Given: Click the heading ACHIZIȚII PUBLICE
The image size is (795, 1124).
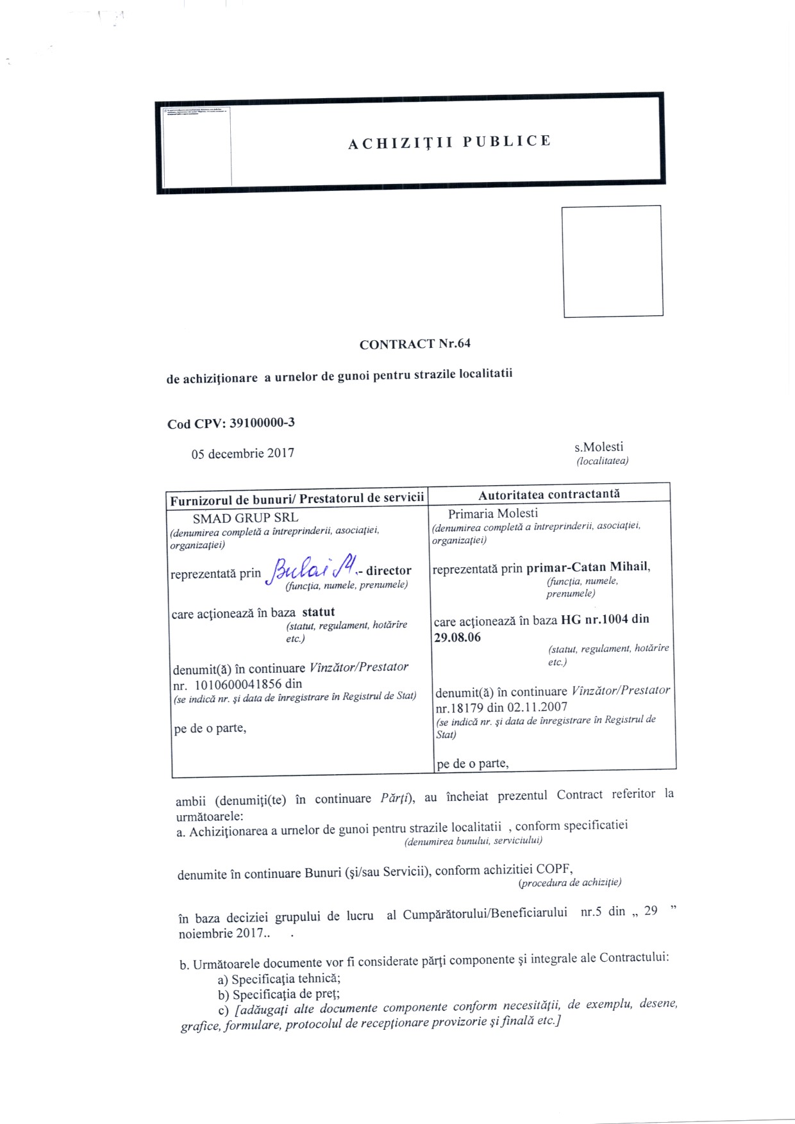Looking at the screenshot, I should (x=449, y=142).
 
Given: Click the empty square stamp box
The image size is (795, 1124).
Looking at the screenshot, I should (x=612, y=261).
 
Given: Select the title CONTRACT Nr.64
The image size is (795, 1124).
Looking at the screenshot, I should (x=415, y=344).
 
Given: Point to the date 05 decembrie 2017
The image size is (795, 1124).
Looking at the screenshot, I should (x=243, y=454).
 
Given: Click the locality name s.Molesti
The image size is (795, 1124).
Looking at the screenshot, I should (x=599, y=447).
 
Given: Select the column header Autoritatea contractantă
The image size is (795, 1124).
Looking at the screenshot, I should (x=549, y=494).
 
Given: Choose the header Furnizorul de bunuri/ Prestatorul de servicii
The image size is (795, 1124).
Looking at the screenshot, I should (x=297, y=498).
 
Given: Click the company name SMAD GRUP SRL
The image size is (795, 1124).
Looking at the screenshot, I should (x=246, y=518).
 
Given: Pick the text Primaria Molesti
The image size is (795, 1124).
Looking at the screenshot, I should (x=493, y=513).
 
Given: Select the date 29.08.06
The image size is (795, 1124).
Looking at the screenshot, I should (x=457, y=638).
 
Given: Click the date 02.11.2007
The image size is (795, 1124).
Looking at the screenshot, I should (x=537, y=707).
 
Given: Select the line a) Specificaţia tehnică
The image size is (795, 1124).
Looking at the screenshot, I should (x=279, y=979).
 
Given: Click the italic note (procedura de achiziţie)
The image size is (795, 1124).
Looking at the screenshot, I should (x=569, y=882).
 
